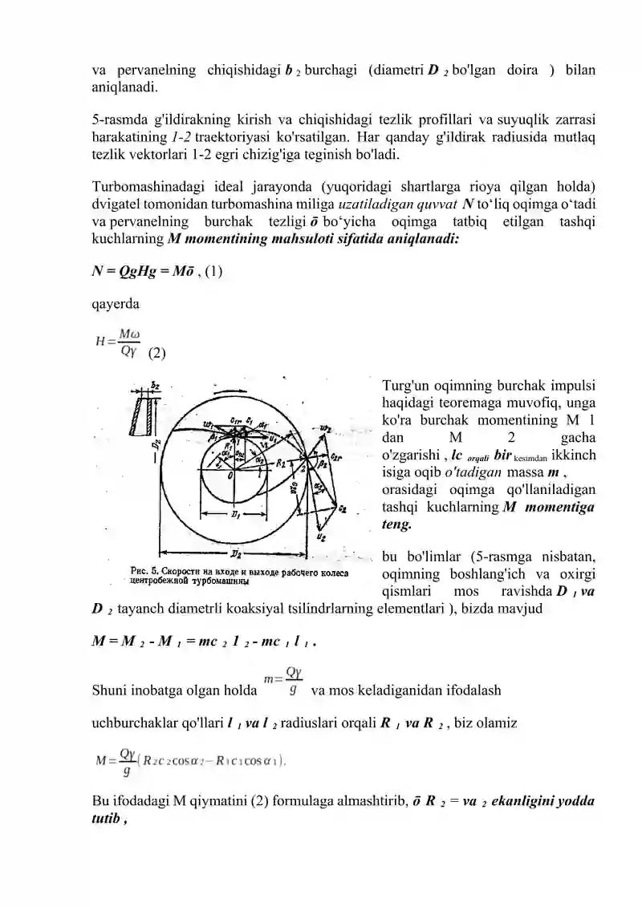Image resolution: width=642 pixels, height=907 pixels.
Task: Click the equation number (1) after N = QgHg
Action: pyautogui.click(x=214, y=271)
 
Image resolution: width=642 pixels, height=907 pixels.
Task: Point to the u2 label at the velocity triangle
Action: pyautogui.click(x=321, y=537)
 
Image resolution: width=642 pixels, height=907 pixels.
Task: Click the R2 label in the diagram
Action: pyautogui.click(x=282, y=463)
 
